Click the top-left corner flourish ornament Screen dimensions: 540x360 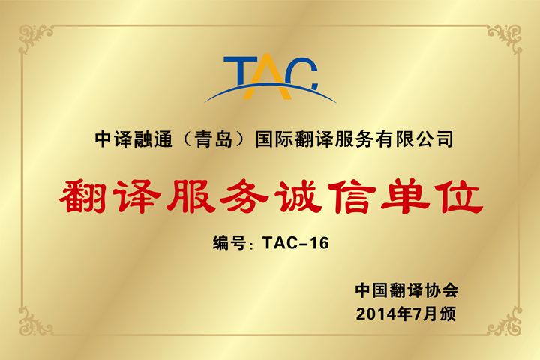[34, 38]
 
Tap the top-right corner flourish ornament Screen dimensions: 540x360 [505, 38]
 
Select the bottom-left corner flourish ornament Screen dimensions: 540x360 [34, 321]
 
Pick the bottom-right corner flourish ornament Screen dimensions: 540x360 [505, 321]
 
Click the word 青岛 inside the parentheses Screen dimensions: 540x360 [214, 139]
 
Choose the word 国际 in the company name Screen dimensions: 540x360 [274, 139]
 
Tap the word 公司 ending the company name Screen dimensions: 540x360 [434, 139]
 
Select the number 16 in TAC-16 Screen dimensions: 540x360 [319, 242]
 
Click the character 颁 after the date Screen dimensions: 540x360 [448, 313]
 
